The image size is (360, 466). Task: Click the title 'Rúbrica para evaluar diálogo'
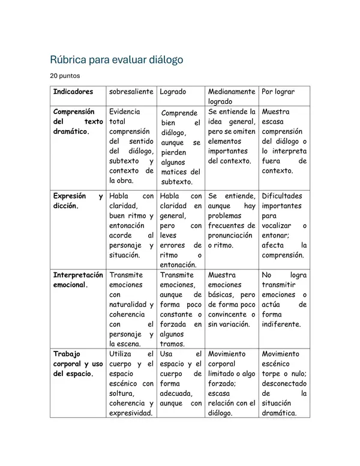116,60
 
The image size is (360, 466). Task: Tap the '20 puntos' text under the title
64,76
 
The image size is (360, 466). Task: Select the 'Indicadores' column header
73,92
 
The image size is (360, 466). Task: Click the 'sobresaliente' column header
131,92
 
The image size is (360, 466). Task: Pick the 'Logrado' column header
173,92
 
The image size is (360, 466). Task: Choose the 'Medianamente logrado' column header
231,97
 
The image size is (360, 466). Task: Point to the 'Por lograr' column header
278,92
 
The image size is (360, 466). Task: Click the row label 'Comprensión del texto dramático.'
78,121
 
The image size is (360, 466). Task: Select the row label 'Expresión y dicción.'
78,200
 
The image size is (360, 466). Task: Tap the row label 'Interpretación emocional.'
78,279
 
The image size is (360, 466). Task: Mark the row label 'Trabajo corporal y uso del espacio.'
78,363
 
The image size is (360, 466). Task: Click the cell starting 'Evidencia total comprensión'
131,146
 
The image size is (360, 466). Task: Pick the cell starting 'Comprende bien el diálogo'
181,147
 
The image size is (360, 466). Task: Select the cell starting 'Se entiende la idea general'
231,136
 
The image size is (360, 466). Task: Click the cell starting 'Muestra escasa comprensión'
284,141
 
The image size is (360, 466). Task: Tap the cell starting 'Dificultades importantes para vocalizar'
284,225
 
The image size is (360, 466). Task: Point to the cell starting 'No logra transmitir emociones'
284,299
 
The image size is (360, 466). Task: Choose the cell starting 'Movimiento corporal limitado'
231,383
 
